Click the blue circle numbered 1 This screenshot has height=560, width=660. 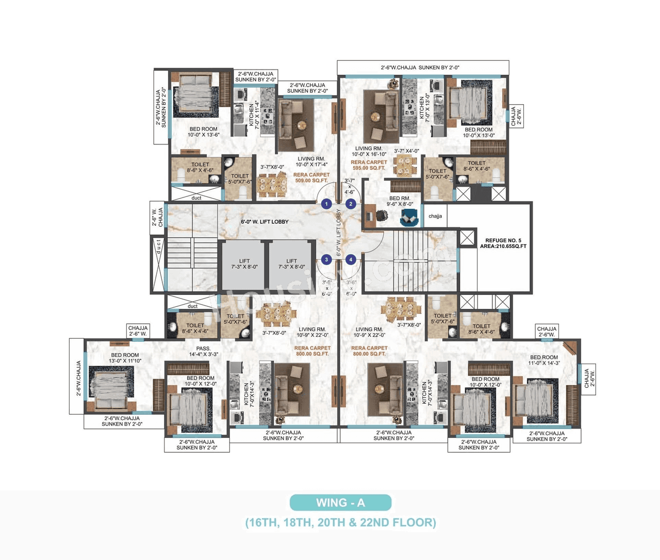tap(326, 204)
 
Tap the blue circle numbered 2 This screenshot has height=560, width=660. tap(351, 204)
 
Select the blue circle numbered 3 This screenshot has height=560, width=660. tap(326, 259)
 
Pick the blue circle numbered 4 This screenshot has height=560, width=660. tap(351, 259)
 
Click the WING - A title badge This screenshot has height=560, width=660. tap(340, 502)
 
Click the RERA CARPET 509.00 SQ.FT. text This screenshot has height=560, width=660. tap(311, 177)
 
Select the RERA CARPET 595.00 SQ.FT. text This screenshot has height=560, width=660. tap(369, 165)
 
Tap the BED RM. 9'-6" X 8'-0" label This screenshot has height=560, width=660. tap(400, 201)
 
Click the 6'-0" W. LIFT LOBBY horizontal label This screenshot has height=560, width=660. tap(265, 222)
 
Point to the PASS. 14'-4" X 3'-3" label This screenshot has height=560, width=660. tap(203, 351)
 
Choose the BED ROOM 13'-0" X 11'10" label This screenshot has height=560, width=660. tap(125, 358)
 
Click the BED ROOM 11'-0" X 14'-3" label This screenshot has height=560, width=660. tap(543, 360)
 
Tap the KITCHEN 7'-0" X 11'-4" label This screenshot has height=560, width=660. tap(254, 115)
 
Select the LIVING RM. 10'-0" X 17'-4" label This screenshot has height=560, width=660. tap(311, 162)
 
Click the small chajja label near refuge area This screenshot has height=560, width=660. tap(435, 216)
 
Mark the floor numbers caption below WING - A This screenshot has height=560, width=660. tap(340, 522)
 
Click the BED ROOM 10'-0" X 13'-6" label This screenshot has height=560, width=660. tap(203, 132)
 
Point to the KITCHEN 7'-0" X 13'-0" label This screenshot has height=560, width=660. tap(424, 107)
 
